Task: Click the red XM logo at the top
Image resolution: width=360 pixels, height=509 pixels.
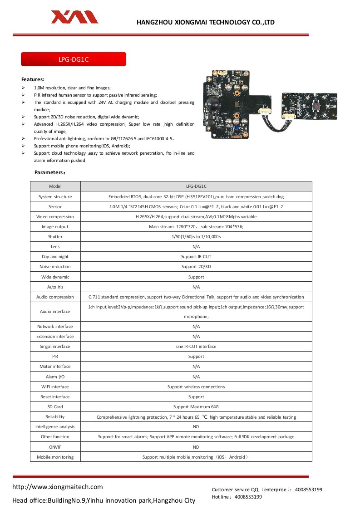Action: tap(74, 17)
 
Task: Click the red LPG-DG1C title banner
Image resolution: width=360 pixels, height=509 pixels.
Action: tap(74, 59)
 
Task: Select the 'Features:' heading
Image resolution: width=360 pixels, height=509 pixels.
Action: tap(33, 79)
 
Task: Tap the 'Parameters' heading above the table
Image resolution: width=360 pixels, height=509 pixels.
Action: tap(50, 173)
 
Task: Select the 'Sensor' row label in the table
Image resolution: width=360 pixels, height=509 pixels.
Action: tap(55, 206)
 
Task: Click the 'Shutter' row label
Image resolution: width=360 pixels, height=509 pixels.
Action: tap(55, 237)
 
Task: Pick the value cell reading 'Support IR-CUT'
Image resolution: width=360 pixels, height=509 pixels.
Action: tap(196, 257)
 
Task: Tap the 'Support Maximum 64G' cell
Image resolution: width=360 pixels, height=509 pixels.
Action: tap(196, 407)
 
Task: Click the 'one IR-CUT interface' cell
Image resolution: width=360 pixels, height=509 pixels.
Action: tap(196, 347)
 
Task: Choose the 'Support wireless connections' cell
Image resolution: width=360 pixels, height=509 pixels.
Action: tap(196, 387)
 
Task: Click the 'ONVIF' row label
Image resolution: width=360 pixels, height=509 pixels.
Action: tap(55, 447)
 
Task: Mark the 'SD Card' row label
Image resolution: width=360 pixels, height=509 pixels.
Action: tap(55, 407)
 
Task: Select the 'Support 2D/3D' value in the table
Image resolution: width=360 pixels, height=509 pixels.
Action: tap(196, 267)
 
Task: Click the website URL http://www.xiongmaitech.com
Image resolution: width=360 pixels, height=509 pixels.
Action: tap(58, 487)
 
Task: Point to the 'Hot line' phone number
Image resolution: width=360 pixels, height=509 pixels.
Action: tap(248, 497)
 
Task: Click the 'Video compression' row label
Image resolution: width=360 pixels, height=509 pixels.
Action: tap(55, 217)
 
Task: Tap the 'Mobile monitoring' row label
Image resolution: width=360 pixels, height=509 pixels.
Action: tap(55, 457)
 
